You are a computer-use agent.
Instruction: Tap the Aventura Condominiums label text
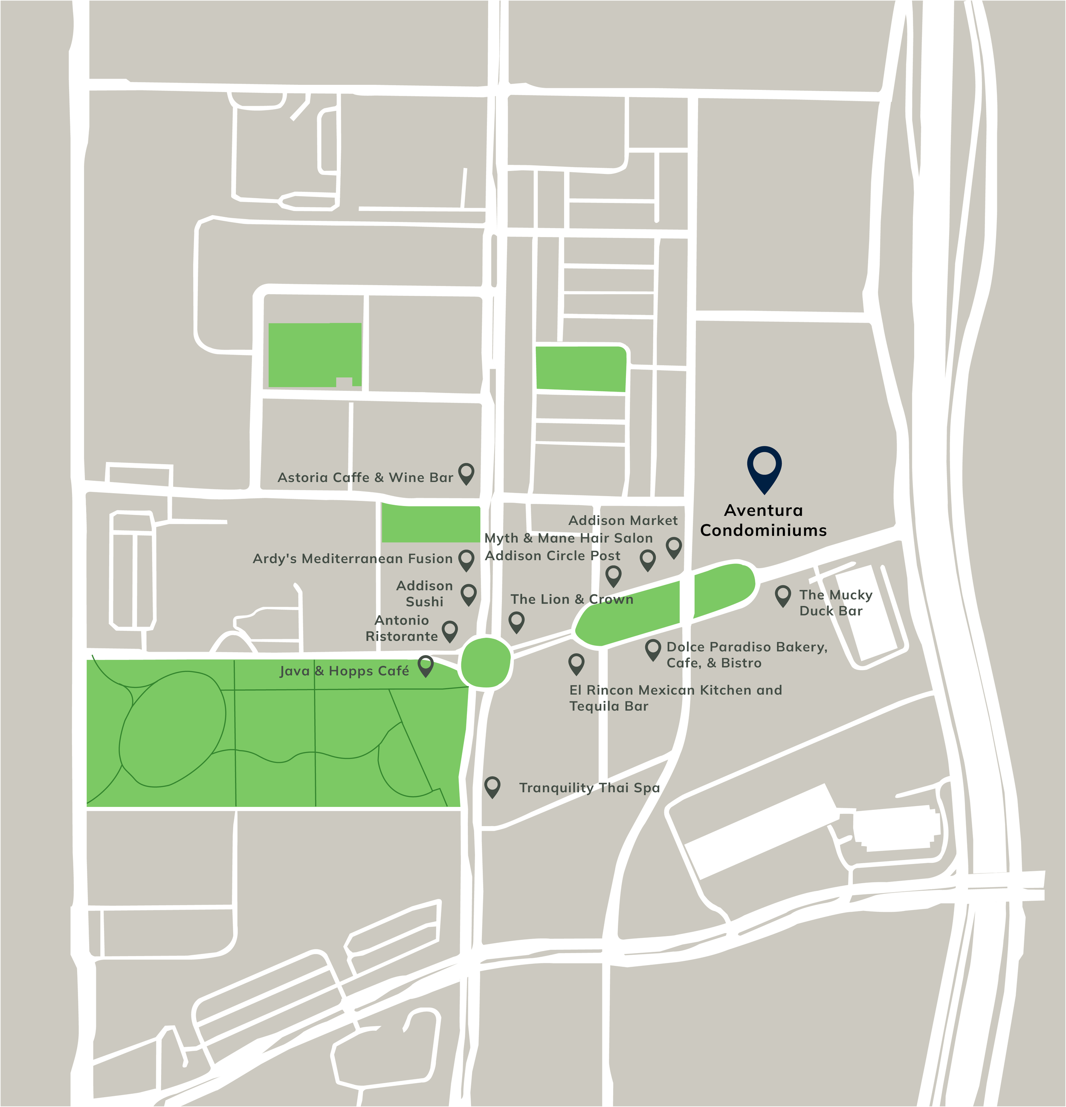763,520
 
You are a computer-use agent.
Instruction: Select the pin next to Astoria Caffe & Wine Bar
466,473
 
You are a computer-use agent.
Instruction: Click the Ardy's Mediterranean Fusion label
353,558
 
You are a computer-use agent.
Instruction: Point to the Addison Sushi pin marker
468,594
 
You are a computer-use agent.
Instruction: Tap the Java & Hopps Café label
344,671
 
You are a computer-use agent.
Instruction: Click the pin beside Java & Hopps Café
426,665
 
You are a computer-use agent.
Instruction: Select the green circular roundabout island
486,662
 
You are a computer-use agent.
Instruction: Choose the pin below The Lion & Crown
516,621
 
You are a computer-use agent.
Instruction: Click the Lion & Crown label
572,599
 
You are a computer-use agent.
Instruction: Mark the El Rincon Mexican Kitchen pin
576,663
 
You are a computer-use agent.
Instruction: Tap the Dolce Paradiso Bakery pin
653,649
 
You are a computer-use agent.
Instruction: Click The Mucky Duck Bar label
835,603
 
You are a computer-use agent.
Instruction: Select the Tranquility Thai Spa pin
492,786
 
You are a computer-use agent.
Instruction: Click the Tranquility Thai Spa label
589,788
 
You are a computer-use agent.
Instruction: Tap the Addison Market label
623,520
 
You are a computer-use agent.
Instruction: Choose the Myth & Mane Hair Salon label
568,538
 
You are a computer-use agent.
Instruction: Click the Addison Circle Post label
553,556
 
